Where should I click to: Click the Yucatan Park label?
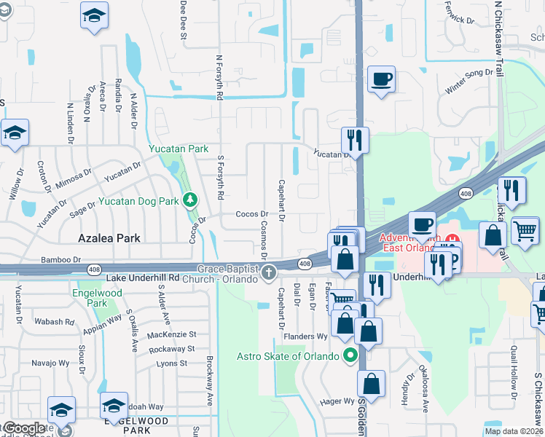179,149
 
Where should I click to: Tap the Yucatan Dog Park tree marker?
190,199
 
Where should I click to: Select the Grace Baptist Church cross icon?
269,273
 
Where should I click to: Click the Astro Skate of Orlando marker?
350,356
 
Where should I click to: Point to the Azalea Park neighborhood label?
109,238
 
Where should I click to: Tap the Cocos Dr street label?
252,214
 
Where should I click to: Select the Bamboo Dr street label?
59,259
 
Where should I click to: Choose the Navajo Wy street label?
49,363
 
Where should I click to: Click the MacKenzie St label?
171,334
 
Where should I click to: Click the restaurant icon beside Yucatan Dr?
355,138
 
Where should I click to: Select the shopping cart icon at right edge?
525,231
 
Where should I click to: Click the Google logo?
23,428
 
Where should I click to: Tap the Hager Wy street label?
337,401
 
